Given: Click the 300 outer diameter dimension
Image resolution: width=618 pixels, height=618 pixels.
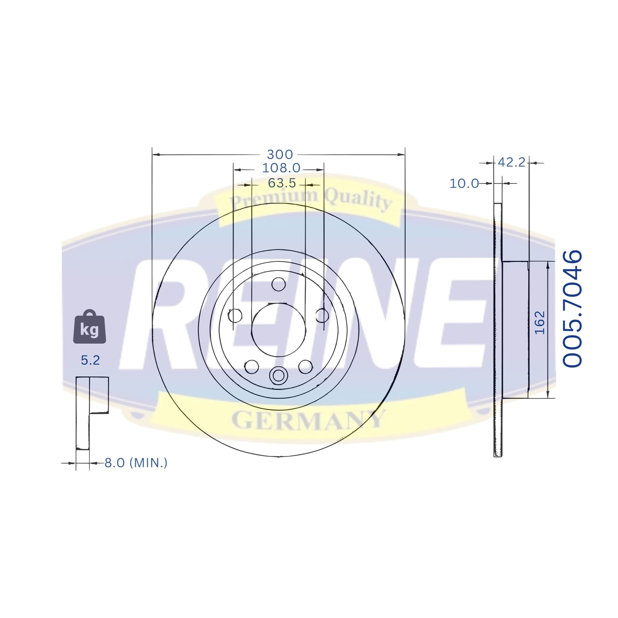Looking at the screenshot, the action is click(280, 154).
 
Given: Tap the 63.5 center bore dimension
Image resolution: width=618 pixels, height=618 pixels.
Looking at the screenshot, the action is click(282, 183).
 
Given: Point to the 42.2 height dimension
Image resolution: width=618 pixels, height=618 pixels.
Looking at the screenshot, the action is click(511, 162).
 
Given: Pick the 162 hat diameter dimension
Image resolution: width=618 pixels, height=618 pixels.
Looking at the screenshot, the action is click(540, 323).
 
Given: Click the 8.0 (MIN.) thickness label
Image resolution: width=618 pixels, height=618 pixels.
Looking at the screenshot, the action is click(136, 463).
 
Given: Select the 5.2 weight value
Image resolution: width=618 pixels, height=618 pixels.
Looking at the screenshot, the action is click(90, 360).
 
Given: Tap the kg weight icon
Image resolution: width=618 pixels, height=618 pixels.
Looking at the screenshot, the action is click(89, 327).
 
